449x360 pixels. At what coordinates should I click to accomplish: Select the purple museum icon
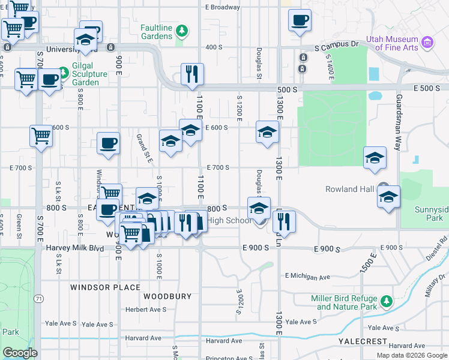point(427,41)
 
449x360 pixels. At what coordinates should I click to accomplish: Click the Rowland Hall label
point(349,189)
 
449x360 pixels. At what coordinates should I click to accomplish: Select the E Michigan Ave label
point(308,277)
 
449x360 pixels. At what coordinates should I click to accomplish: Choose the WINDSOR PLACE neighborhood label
point(105,287)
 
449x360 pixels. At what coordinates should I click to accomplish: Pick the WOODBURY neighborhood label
point(167,296)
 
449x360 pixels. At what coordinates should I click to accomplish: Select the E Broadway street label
point(222,8)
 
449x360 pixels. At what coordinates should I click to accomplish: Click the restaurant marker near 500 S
point(192,74)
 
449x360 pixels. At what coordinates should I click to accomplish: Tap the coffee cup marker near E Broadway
point(300,20)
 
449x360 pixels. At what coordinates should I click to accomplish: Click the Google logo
point(20,353)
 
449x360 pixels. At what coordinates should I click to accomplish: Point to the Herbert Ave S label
point(145,310)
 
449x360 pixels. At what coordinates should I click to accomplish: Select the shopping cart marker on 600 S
point(41,136)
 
